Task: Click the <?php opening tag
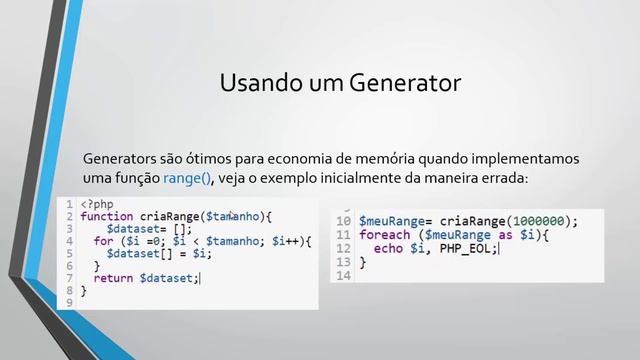tap(97, 204)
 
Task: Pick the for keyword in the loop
tap(103, 241)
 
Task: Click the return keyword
tap(114, 278)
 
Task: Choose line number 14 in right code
tap(343, 276)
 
